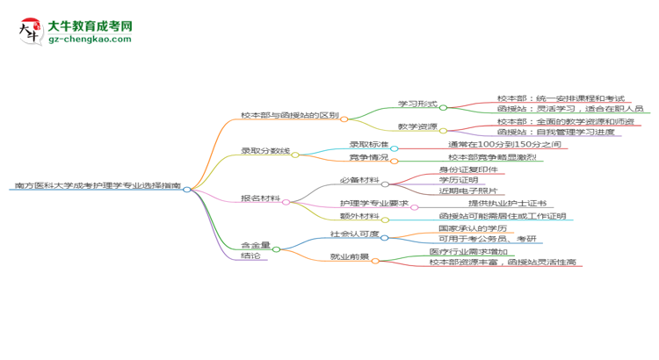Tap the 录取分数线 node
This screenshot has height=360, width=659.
[x=265, y=151]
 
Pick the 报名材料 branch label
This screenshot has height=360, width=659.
[x=261, y=198]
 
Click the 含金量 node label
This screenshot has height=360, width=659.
[x=256, y=244]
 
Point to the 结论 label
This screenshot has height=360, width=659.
[x=250, y=256]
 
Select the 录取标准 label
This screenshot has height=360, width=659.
[x=369, y=144]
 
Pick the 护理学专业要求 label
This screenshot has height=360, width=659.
[x=373, y=204]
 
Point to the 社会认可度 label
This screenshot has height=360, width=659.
[x=354, y=234]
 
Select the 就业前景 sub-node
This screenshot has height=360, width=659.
[x=349, y=256]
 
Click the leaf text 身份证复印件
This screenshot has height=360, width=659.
[x=468, y=169]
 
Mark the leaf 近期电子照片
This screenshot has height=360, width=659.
[x=468, y=191]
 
